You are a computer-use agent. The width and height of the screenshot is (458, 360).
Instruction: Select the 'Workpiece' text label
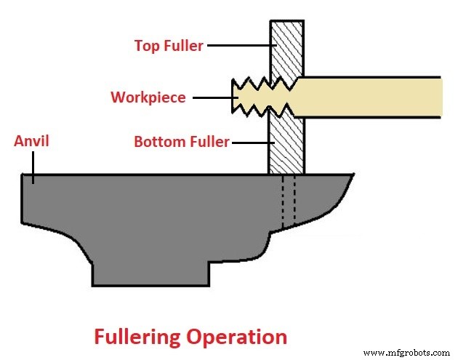[148, 97]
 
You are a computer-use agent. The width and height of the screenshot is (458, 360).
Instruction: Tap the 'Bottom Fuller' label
[181, 142]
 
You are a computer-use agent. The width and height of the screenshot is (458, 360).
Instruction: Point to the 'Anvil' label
[31, 141]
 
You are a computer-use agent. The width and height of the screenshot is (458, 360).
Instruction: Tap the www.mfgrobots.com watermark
[407, 352]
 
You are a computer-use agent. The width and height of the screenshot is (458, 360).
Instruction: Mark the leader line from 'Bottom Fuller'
[249, 142]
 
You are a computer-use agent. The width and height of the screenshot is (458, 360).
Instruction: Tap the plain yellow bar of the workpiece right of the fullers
[371, 97]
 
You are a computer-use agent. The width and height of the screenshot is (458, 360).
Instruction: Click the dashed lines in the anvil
[289, 200]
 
